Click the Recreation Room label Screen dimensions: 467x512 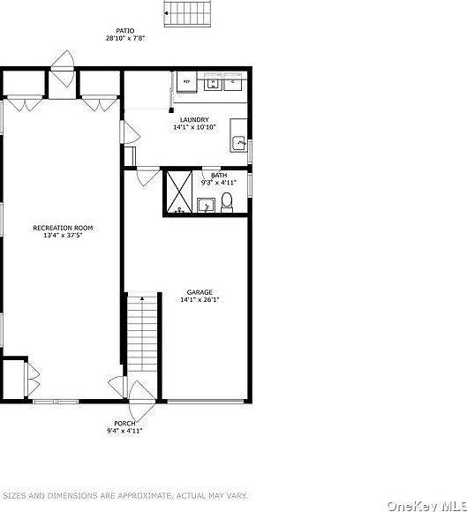[x=63, y=228]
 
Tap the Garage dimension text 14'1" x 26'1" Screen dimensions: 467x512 [x=200, y=299]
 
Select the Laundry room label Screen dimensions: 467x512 [x=194, y=120]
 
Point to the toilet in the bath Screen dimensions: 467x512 [x=227, y=202]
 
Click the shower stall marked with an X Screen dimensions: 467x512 [x=179, y=192]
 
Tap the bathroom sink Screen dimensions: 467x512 [x=206, y=206]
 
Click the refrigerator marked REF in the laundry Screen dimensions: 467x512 [x=187, y=82]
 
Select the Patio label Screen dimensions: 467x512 [x=125, y=31]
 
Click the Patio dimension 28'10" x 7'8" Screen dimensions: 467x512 [x=125, y=38]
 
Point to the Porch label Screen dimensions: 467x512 [x=124, y=424]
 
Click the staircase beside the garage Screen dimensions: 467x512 [x=142, y=333]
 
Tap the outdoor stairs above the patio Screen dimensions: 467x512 [x=187, y=14]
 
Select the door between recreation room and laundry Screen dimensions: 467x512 [x=130, y=132]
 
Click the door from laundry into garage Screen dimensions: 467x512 [x=148, y=177]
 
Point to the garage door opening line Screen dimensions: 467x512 [x=206, y=401]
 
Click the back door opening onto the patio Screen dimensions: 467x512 [x=63, y=69]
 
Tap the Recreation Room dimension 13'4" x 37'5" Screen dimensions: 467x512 [x=63, y=235]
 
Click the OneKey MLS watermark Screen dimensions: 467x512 [x=426, y=506]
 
